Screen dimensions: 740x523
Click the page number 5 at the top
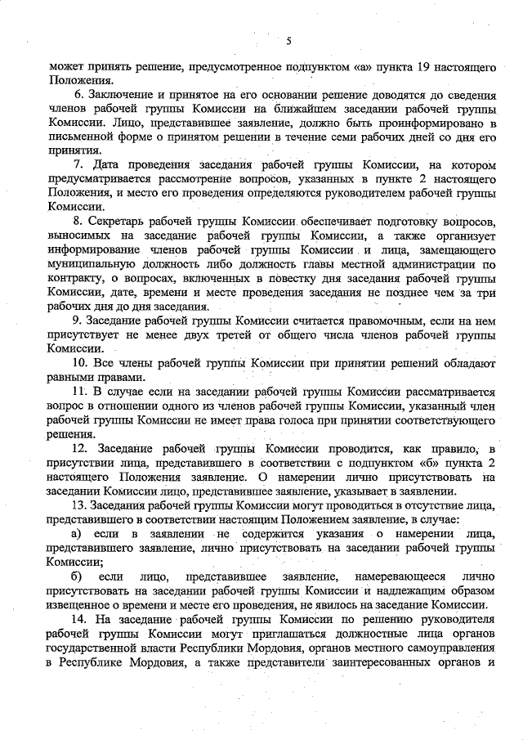point(289,40)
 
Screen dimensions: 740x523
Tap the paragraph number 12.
point(81,447)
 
